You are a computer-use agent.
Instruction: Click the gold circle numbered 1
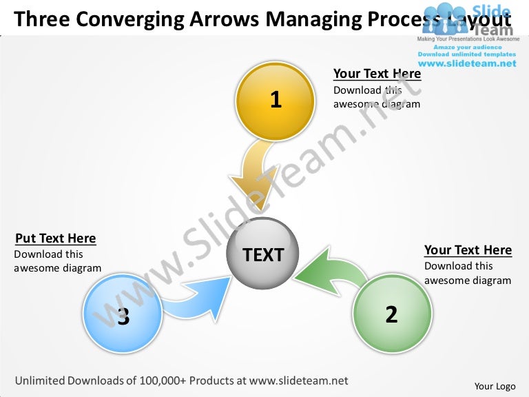coord(276,101)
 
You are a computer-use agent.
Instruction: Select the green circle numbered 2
coord(392,314)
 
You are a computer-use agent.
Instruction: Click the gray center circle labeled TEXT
coord(263,254)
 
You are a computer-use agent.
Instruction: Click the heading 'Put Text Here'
coord(55,238)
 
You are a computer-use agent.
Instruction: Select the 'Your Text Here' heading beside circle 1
coord(377,74)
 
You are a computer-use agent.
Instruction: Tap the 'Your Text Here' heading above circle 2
coord(468,250)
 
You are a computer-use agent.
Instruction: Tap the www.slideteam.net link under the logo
coord(466,63)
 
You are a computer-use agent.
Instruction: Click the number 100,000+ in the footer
coord(163,380)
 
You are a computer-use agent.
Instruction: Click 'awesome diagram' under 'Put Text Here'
coord(57,268)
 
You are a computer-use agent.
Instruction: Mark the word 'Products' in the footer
coord(212,380)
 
